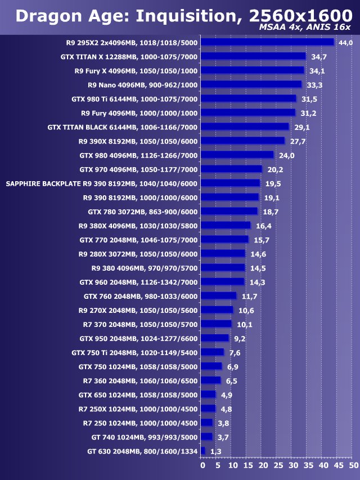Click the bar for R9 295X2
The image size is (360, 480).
[267, 42]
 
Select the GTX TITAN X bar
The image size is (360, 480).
[253, 56]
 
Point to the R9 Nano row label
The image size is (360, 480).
[143, 85]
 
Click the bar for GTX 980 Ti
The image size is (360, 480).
[248, 98]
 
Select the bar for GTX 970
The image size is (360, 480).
[231, 169]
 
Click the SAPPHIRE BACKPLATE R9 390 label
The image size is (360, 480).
[101, 183]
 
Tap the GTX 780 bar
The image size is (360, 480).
[229, 212]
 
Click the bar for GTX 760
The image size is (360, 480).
[218, 296]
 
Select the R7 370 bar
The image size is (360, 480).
[216, 324]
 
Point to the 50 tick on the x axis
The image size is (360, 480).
[352, 465]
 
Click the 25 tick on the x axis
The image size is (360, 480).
[277, 465]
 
